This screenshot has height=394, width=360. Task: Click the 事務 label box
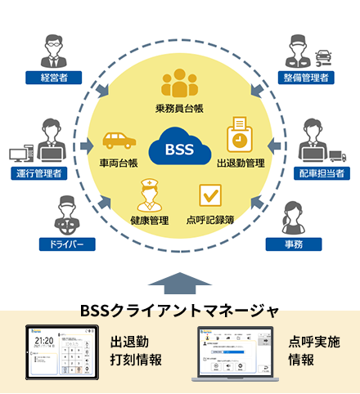(x=292, y=244)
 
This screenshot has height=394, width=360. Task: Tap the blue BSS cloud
(x=180, y=150)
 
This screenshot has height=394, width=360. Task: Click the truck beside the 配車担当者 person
(x=337, y=153)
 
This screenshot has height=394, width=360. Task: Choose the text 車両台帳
(x=120, y=162)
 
